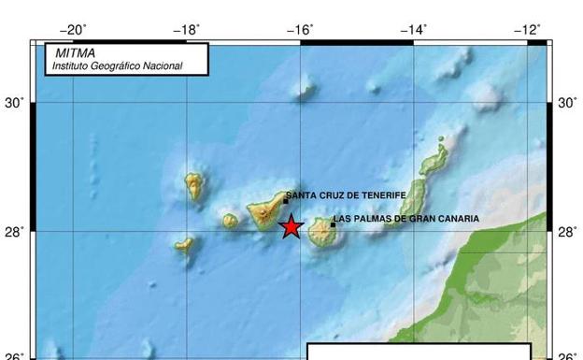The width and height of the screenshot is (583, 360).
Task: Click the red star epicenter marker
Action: click(291, 226)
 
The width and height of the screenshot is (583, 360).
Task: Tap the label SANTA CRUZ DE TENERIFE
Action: click(347, 194)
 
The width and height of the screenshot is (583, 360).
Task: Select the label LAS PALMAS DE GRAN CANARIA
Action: click(406, 219)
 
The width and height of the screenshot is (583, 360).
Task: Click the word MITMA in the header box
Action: click(75, 53)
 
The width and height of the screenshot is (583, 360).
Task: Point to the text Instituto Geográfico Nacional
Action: click(117, 66)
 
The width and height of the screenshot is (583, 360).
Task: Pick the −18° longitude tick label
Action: click(186, 30)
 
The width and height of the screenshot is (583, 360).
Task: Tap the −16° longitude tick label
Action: click(300, 30)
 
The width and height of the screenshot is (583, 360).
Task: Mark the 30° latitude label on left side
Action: click(16, 103)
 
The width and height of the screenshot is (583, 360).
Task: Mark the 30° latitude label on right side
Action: click(567, 103)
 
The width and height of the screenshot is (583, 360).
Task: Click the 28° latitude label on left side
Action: click(16, 231)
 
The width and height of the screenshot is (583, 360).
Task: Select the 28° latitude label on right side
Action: click(567, 231)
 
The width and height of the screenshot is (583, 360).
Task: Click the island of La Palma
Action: click(193, 186)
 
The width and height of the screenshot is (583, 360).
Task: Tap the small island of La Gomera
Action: click(230, 222)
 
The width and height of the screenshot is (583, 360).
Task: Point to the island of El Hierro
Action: click(184, 246)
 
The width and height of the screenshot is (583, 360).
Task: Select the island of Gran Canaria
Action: click(324, 232)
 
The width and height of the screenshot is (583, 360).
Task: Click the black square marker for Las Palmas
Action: click(333, 223)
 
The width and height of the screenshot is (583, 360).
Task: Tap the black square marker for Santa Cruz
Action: click(285, 200)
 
